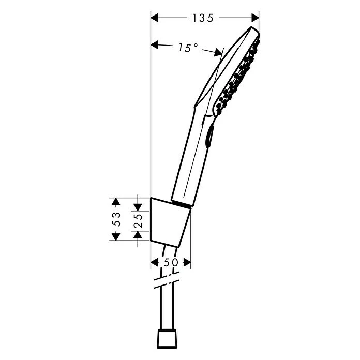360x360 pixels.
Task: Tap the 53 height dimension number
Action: (117, 219)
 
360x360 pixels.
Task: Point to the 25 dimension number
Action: (138, 219)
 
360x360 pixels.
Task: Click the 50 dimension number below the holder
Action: (171, 262)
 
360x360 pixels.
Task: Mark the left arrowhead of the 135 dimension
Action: (155, 18)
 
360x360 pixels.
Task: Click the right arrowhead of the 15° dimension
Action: (219, 52)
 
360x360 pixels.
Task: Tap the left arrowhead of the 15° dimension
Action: (155, 46)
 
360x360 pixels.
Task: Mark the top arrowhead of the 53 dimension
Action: (116, 201)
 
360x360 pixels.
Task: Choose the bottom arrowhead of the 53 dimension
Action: (116, 236)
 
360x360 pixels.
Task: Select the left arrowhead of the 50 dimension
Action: (154, 263)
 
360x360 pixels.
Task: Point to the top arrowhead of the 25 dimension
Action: (138, 206)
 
